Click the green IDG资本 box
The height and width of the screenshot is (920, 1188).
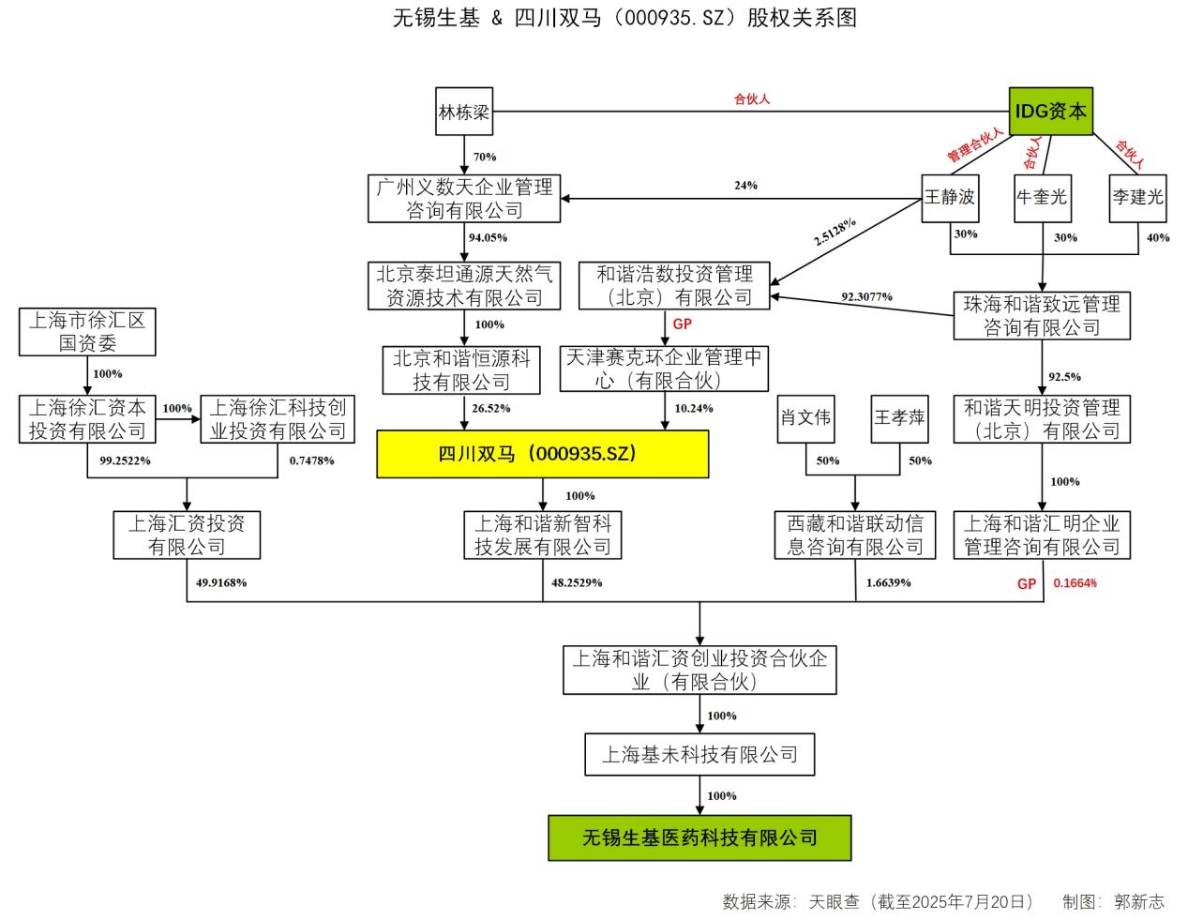coord(1049,112)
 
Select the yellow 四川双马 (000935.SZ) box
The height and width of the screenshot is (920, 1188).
coord(542,454)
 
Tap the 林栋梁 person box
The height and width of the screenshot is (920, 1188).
coord(464,113)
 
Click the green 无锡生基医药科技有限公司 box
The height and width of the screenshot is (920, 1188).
coord(699,837)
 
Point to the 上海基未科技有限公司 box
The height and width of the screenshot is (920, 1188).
coord(699,755)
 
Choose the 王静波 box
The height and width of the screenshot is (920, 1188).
coord(950,198)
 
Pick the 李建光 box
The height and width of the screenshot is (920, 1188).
coord(1137,198)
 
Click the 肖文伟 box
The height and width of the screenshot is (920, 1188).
coord(805,417)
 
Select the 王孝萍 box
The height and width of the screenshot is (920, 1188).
coord(899,417)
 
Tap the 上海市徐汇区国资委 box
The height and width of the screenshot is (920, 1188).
coord(87,332)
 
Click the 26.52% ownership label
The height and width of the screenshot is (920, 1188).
coord(492,409)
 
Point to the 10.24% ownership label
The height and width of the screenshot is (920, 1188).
coord(694,409)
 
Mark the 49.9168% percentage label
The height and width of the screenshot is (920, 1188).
coord(221,583)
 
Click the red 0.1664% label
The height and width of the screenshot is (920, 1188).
coord(1075,583)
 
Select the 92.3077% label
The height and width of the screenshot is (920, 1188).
coord(866,297)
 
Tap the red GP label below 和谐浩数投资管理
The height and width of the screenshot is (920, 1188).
coord(682,324)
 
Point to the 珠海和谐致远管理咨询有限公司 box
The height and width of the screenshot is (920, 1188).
coord(1042,316)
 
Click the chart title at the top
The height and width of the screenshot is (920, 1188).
coord(624,18)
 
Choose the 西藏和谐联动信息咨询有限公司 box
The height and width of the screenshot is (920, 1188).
coord(855,535)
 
